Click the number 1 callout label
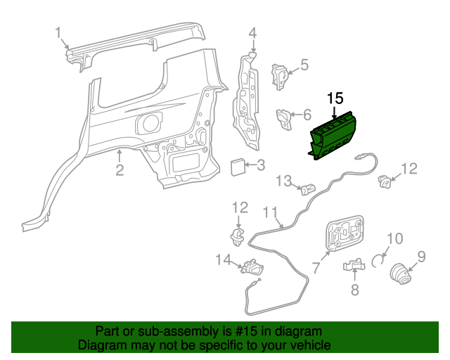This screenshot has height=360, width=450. (59, 32)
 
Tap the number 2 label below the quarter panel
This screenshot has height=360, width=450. (120, 169)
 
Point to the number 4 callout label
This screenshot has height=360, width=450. (252, 32)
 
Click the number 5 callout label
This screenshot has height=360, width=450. (304, 65)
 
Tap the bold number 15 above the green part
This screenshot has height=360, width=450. (335, 98)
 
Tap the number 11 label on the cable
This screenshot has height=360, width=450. (271, 211)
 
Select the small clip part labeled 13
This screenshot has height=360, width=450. (307, 188)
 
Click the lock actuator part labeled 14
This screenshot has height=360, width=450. (252, 267)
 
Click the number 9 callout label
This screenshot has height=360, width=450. (422, 257)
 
